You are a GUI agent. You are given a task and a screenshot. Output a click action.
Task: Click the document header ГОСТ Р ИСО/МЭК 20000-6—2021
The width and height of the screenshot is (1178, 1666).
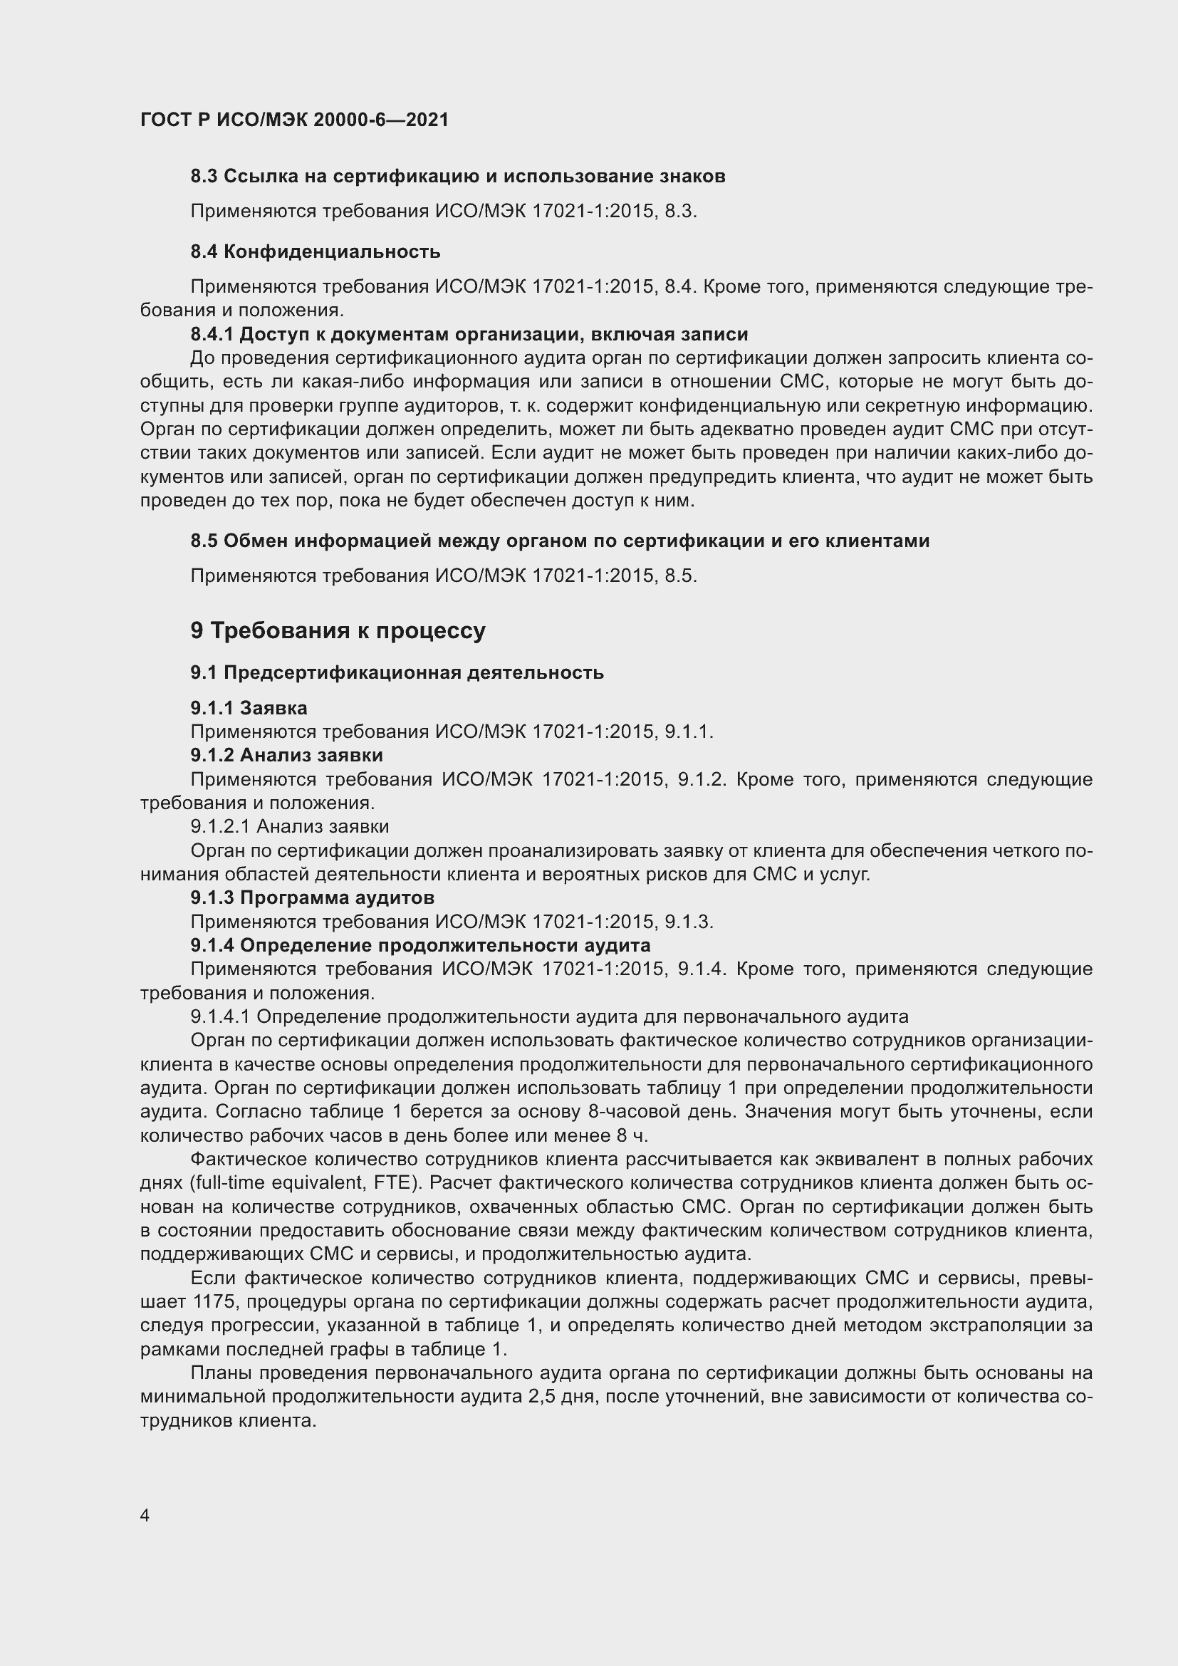point(293,120)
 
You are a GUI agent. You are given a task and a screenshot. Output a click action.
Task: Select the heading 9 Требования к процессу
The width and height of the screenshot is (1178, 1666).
point(338,630)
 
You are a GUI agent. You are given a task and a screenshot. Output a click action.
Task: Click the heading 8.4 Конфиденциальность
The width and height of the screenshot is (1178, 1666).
point(315,251)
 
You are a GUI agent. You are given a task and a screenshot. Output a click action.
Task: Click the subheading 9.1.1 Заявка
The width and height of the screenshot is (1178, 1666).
point(249,707)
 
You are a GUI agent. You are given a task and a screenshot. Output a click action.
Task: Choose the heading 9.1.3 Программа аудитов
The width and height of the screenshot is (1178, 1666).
point(312,897)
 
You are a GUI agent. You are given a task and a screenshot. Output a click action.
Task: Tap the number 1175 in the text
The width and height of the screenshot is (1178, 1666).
point(212,1302)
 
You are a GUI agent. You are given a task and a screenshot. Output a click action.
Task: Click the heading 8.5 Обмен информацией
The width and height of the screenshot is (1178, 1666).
point(559,541)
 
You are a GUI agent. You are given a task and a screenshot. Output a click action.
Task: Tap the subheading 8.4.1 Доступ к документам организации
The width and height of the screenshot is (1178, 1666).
point(469,335)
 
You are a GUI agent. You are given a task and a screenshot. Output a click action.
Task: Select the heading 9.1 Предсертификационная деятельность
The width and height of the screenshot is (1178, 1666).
point(397,672)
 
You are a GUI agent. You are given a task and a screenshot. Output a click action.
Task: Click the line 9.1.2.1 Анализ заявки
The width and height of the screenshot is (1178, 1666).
point(289,826)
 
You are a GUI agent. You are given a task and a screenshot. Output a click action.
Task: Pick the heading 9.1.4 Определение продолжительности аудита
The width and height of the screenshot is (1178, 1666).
point(420,945)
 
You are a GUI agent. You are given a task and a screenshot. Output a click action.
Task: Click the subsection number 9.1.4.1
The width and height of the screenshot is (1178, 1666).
point(221,1016)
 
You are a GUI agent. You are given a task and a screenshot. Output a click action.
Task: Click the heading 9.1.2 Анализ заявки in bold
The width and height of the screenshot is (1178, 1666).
point(286,755)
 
